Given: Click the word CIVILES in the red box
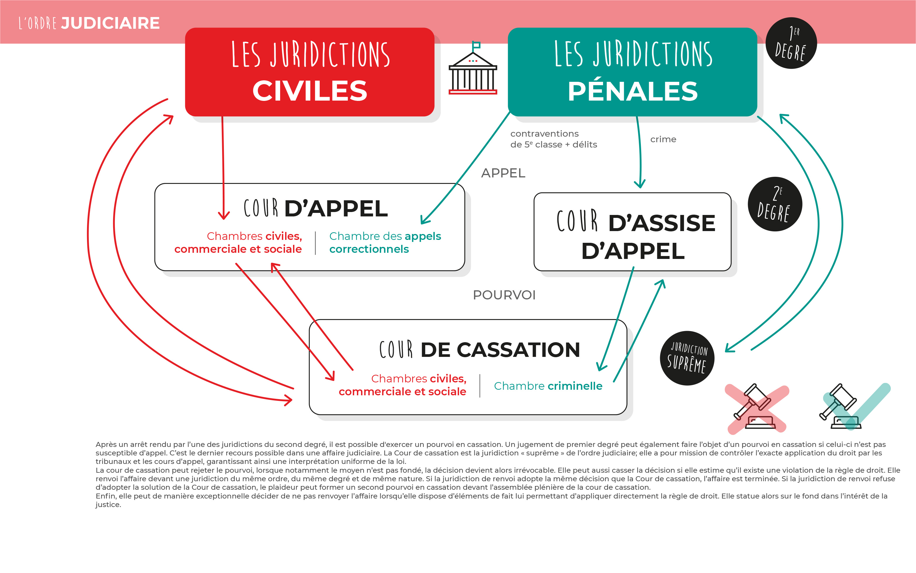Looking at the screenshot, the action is click(x=310, y=91).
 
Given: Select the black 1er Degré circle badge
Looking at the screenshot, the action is click(x=791, y=43).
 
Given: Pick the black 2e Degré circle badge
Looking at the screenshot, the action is click(x=775, y=204).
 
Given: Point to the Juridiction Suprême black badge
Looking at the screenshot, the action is click(x=687, y=358).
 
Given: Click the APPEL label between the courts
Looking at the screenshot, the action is click(x=503, y=173).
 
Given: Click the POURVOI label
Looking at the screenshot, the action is click(x=504, y=295).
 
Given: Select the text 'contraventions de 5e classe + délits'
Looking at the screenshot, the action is click(x=553, y=139).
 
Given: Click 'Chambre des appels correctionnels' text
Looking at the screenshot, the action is click(x=385, y=243).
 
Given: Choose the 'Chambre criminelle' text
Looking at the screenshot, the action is click(x=548, y=386).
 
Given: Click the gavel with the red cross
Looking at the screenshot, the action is click(x=757, y=408).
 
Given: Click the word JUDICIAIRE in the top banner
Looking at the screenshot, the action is click(x=110, y=23).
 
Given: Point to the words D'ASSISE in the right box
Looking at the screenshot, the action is click(x=662, y=223).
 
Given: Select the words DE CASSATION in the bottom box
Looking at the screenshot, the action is click(x=500, y=350).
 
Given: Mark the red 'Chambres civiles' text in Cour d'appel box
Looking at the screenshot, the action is click(x=238, y=243).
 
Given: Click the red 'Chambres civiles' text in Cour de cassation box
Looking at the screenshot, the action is click(x=403, y=385).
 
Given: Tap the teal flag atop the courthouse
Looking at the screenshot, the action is click(x=476, y=45).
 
